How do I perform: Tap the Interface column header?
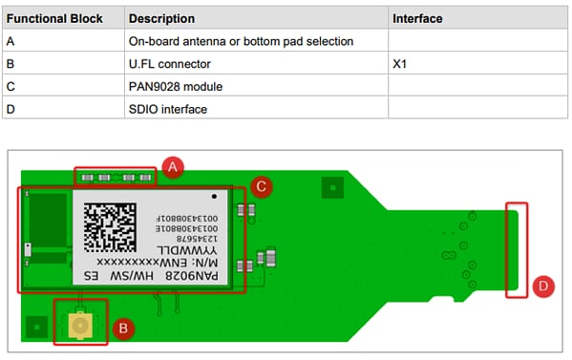point(418,19)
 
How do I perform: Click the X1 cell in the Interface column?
point(401,64)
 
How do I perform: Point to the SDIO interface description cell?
point(168,109)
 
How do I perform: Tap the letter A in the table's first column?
point(11,41)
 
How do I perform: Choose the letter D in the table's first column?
point(11,109)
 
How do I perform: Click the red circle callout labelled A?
point(172,167)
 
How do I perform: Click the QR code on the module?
point(109,225)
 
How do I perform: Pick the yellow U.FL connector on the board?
point(81,327)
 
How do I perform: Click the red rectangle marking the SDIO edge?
point(517,249)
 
